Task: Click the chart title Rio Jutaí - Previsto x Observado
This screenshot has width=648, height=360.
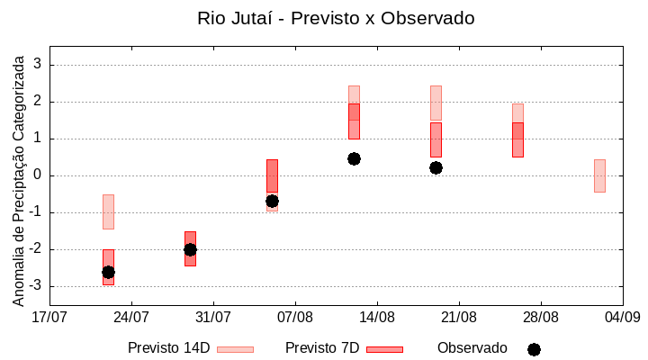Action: pos(336,18)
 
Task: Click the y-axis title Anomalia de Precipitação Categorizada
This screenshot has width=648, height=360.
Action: pos(18,177)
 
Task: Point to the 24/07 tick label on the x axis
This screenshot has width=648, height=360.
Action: pos(131,317)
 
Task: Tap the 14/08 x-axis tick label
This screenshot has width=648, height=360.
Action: pos(377,317)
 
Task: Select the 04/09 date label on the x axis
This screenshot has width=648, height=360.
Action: pos(622,317)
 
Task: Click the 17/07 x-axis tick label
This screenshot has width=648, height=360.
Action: pos(49,317)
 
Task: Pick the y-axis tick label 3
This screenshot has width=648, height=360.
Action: pos(38,65)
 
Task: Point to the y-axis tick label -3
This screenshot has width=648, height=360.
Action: pos(35,286)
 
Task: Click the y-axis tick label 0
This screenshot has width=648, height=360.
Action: pos(38,175)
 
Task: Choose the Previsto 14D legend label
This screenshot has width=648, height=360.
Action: pos(168,348)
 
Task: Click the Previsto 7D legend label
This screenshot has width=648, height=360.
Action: pos(322,348)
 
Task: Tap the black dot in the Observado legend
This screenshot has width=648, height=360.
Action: pos(534,349)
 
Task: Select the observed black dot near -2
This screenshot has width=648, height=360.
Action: pos(190,249)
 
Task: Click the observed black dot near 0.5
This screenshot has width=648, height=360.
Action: pos(354,158)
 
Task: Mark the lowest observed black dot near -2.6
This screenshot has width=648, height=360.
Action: pos(108,272)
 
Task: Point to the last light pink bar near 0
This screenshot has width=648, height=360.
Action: pos(599,175)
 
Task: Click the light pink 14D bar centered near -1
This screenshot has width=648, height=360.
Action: pos(108,211)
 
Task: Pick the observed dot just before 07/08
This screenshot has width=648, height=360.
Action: pos(272,201)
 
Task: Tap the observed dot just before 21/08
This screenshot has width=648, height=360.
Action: pos(436,167)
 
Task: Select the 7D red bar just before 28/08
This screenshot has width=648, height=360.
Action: pos(517,139)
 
